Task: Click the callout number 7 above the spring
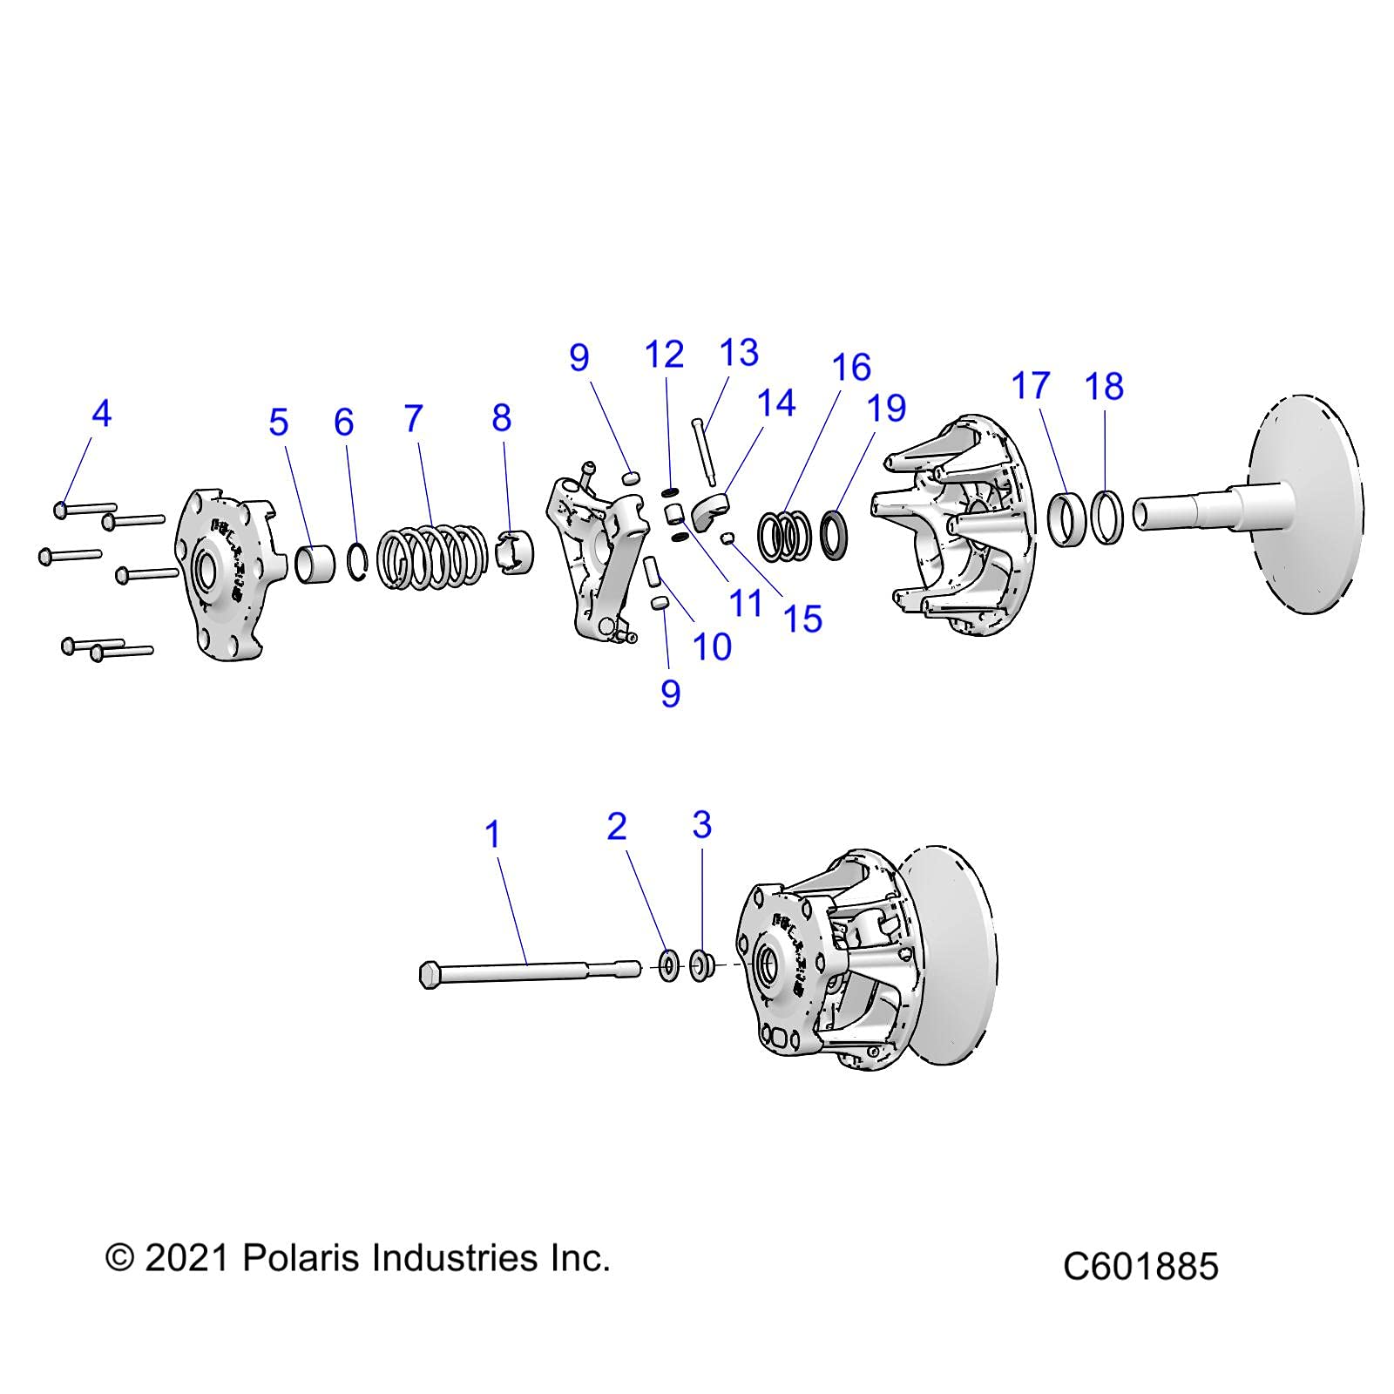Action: click(x=414, y=419)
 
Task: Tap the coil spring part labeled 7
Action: click(x=433, y=556)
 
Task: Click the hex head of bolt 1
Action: click(x=429, y=975)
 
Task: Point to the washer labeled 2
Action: click(x=669, y=966)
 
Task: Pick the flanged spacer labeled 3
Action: click(x=702, y=965)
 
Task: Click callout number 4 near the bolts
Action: click(x=102, y=413)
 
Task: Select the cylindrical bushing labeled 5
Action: click(x=315, y=563)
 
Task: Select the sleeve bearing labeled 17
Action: click(x=1066, y=520)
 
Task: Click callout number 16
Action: click(x=851, y=368)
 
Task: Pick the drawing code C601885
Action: click(x=1140, y=1266)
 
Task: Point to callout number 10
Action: click(x=711, y=646)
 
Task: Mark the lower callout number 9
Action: click(x=670, y=694)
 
